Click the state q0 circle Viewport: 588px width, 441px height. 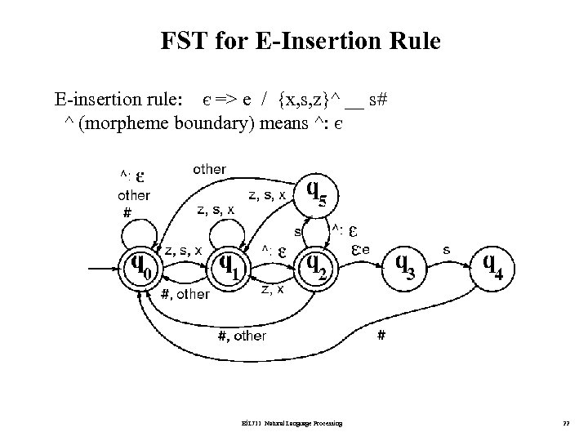click(142, 264)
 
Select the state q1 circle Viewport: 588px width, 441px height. click(229, 264)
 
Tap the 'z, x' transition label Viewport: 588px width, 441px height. click(272, 288)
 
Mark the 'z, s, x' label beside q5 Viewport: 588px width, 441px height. click(267, 195)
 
